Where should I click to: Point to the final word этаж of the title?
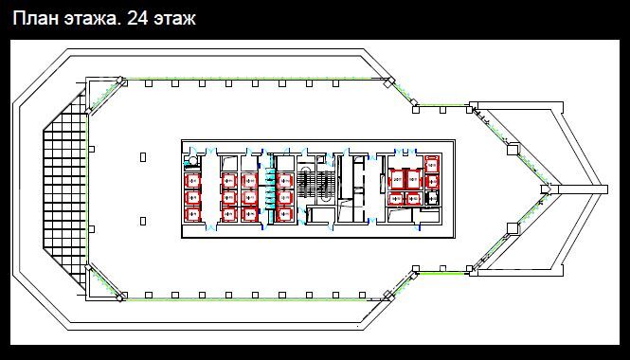click(x=174, y=19)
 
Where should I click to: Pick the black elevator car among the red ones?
click(x=431, y=199)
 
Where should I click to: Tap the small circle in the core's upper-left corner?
click(x=193, y=161)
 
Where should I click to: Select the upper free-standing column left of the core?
click(x=143, y=157)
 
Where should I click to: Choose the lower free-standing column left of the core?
click(x=143, y=221)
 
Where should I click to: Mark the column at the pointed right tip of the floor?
click(x=546, y=189)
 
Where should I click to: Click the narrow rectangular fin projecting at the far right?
click(x=583, y=189)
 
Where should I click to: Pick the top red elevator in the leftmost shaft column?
click(x=192, y=181)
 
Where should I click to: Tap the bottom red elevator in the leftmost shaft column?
click(x=192, y=214)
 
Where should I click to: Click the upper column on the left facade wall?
click(x=91, y=149)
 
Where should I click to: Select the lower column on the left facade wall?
click(x=91, y=229)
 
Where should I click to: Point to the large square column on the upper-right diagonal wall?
click(x=513, y=149)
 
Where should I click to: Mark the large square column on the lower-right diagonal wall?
click(x=513, y=228)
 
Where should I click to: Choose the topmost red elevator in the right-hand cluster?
click(x=432, y=164)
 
